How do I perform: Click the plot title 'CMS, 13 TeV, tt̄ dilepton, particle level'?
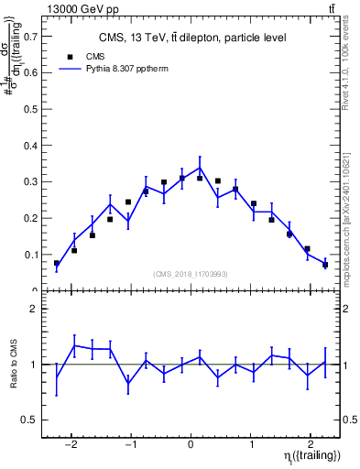pos(192,38)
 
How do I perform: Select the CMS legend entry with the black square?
pos(82,56)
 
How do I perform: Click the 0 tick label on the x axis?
pos(191,435)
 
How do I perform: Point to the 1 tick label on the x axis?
pos(251,435)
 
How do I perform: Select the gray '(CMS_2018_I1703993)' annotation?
pos(191,274)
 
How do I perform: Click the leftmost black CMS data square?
pos(57,264)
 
